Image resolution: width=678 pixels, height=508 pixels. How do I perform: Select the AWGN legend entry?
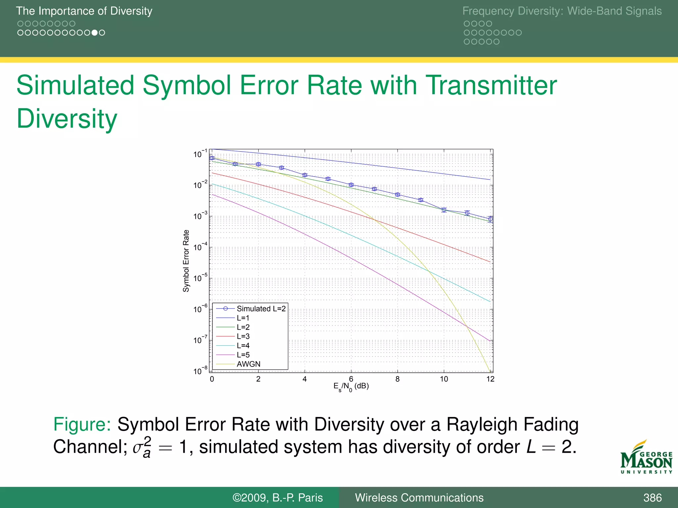[248, 364]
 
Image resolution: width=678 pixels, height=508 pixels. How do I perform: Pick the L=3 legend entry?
[243, 336]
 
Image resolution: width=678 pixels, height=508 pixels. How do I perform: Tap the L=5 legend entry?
[243, 355]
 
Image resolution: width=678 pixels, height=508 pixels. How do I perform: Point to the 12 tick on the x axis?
[490, 379]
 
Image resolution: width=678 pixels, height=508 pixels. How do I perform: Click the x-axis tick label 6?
[351, 379]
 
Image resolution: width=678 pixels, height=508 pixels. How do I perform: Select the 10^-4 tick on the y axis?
[200, 247]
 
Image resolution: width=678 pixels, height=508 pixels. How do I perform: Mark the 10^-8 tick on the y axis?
[200, 371]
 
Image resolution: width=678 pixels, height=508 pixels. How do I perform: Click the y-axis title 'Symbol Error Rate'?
[186, 261]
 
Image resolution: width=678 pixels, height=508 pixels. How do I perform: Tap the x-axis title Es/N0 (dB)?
[351, 386]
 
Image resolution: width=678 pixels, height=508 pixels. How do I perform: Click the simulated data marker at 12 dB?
[490, 219]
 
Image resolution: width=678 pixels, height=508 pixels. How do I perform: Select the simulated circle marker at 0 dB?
[212, 158]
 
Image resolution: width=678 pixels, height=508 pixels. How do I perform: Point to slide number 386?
[652, 498]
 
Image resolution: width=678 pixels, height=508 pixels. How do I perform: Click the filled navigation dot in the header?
[95, 33]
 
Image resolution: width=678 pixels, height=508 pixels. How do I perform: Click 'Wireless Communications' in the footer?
[419, 498]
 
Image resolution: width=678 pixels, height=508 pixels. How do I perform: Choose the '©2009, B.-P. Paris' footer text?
[277, 498]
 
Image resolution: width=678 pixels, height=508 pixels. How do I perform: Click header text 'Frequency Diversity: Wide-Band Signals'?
[562, 11]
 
